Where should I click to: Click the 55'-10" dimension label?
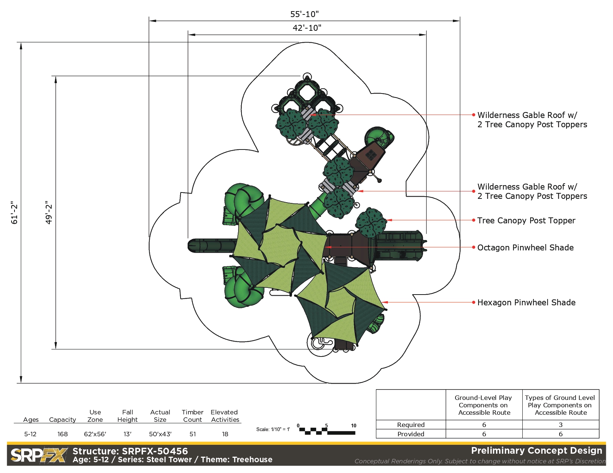(x=304, y=14)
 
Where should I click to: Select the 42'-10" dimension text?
(x=307, y=28)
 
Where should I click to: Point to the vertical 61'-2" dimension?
(x=14, y=213)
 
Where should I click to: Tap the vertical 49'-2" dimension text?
(x=49, y=213)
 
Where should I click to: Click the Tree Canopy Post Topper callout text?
(x=526, y=220)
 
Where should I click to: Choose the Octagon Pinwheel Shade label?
(x=525, y=247)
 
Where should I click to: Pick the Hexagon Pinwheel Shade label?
(x=526, y=302)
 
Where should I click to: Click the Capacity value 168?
(x=63, y=434)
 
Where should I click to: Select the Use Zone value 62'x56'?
(x=95, y=434)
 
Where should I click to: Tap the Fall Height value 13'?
(x=127, y=434)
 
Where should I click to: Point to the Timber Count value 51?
(x=193, y=434)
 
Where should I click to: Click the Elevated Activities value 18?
(x=225, y=434)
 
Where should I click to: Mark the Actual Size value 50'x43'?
(x=160, y=434)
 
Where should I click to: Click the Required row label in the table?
(x=411, y=425)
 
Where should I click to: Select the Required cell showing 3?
(x=561, y=425)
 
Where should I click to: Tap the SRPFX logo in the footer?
(x=39, y=456)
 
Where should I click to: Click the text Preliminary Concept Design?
(x=536, y=451)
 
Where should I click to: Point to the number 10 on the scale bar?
(x=353, y=426)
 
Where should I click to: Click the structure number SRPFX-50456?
(x=155, y=451)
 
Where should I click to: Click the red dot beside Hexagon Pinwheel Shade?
(x=474, y=302)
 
